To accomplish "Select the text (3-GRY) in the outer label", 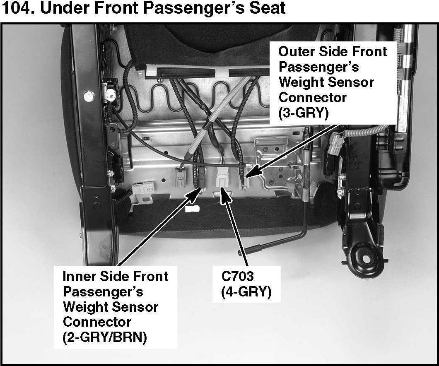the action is coord(303,113).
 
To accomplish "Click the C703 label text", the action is coord(237,277).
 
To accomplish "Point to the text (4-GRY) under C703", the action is coord(246,292).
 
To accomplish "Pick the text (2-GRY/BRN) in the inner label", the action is coord(105,337).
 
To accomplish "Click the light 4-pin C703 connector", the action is coord(222,177).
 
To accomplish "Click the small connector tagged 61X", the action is coord(143,188).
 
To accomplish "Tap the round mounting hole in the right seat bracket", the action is coord(366,259).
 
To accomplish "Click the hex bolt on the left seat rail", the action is coord(89,96).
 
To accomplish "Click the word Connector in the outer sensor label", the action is coord(312,98).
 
